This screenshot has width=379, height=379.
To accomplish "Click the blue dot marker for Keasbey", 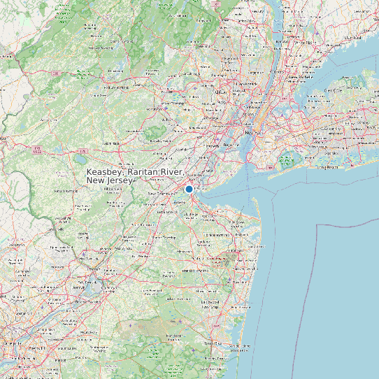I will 189,189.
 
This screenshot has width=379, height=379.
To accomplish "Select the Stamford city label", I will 353,37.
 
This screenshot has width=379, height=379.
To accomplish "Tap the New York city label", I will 250,131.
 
